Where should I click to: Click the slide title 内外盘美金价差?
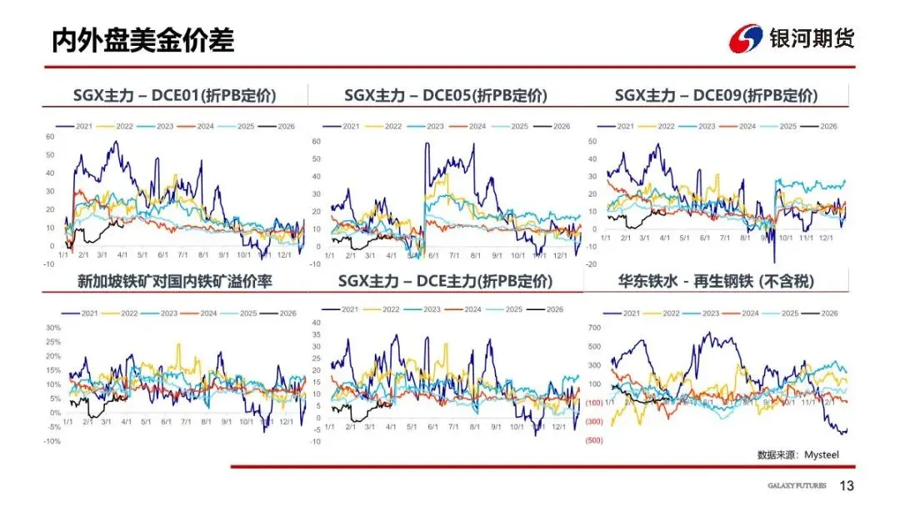[x=142, y=39]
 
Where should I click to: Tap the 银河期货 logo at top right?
[x=791, y=38]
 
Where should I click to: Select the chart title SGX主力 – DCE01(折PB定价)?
[x=174, y=95]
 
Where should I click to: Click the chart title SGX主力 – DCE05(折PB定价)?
[x=445, y=95]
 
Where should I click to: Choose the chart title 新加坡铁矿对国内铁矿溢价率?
[x=174, y=282]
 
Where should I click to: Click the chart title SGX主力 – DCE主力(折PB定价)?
[x=445, y=282]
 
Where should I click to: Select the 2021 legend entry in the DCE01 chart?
[x=80, y=126]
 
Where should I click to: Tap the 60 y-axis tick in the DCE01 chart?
[x=49, y=137]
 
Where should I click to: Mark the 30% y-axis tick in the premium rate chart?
[x=52, y=328]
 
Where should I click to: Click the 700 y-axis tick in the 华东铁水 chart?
[x=593, y=328]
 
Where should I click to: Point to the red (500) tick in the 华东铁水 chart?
[x=593, y=440]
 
